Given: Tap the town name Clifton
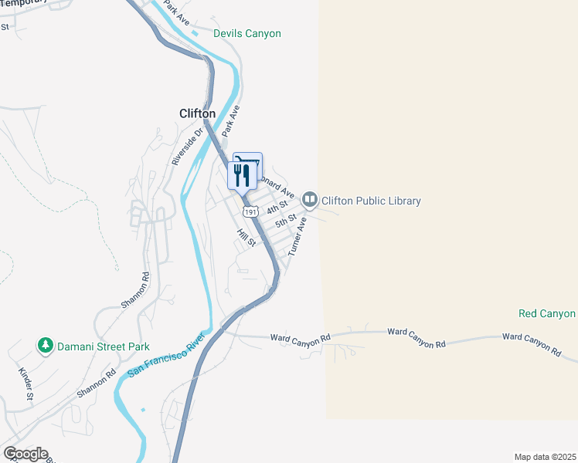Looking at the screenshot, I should coord(197,113).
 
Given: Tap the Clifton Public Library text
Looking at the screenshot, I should coord(371,201).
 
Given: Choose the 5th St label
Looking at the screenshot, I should coord(286,221).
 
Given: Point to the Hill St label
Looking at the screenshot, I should coord(246,238).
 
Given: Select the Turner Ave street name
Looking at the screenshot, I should coord(297,236).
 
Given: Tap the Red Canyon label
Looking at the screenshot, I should coord(547,314).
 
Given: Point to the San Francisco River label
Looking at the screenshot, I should coord(165,356).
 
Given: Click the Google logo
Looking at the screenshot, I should coord(25,454).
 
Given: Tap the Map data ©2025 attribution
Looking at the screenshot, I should coord(544,457).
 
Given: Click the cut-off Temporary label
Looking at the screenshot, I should coord(23,2).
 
